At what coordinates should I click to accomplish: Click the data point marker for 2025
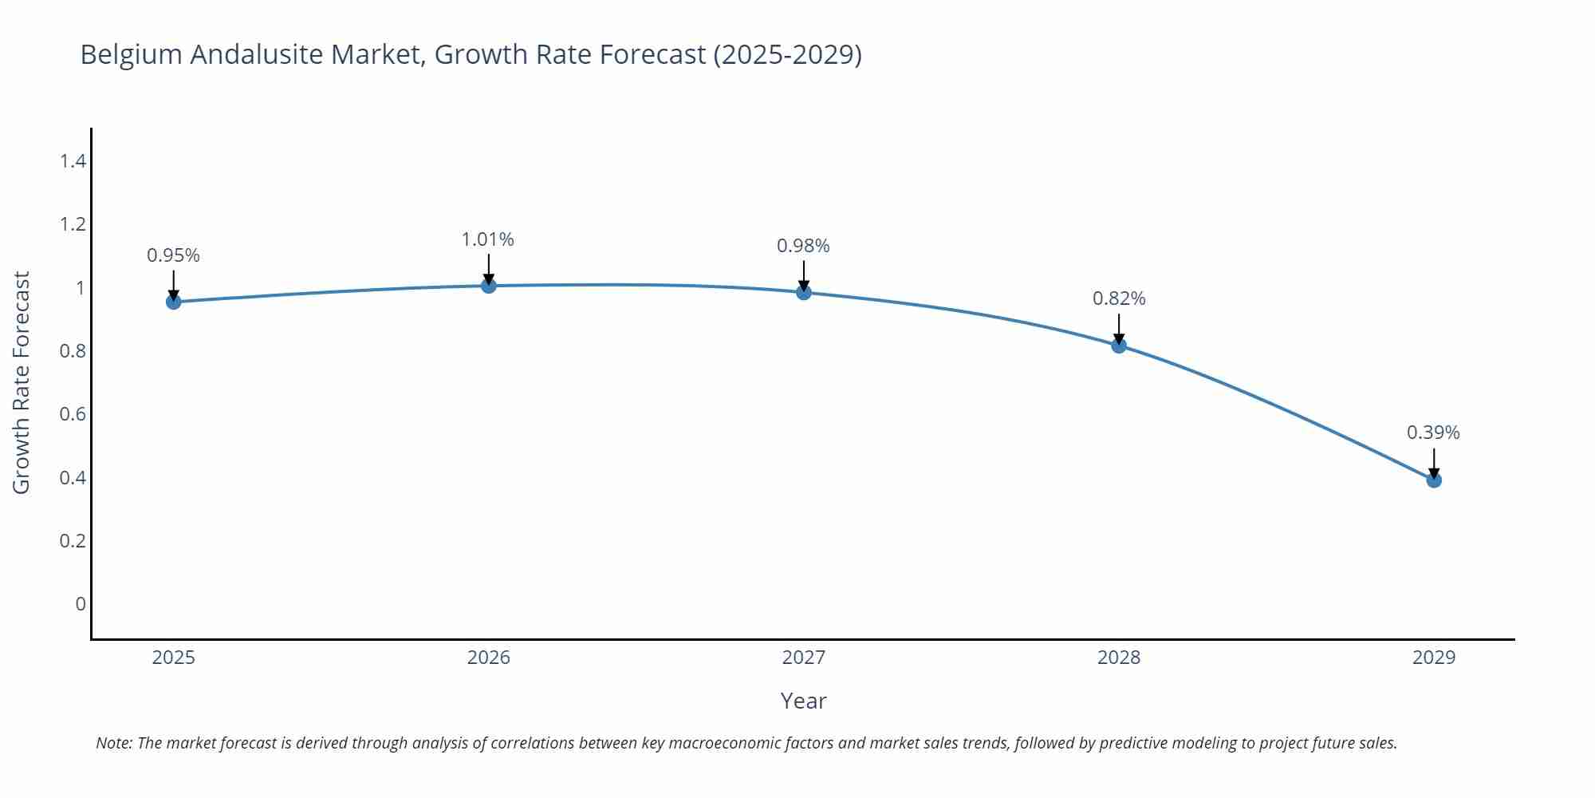[173, 302]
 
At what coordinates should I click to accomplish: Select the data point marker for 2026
[489, 286]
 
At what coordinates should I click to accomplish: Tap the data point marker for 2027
[804, 292]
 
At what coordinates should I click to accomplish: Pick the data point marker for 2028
[1119, 346]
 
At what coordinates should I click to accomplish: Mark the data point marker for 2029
[1434, 480]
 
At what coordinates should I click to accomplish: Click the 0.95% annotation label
[173, 255]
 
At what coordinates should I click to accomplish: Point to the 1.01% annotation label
[488, 239]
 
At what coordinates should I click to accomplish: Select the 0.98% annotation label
[803, 246]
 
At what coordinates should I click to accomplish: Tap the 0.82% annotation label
[1119, 298]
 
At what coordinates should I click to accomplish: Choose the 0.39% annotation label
[1433, 433]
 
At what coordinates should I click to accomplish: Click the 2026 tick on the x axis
[489, 658]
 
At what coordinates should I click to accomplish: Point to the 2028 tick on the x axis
[1119, 658]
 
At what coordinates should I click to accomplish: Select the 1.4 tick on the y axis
[73, 161]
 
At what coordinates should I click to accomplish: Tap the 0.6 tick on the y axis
[73, 414]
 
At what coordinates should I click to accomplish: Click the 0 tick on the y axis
[80, 604]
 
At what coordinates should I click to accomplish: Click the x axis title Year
[803, 701]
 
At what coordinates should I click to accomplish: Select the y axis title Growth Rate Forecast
[22, 382]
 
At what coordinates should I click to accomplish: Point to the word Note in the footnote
[113, 743]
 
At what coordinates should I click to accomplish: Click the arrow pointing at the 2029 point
[1434, 463]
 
